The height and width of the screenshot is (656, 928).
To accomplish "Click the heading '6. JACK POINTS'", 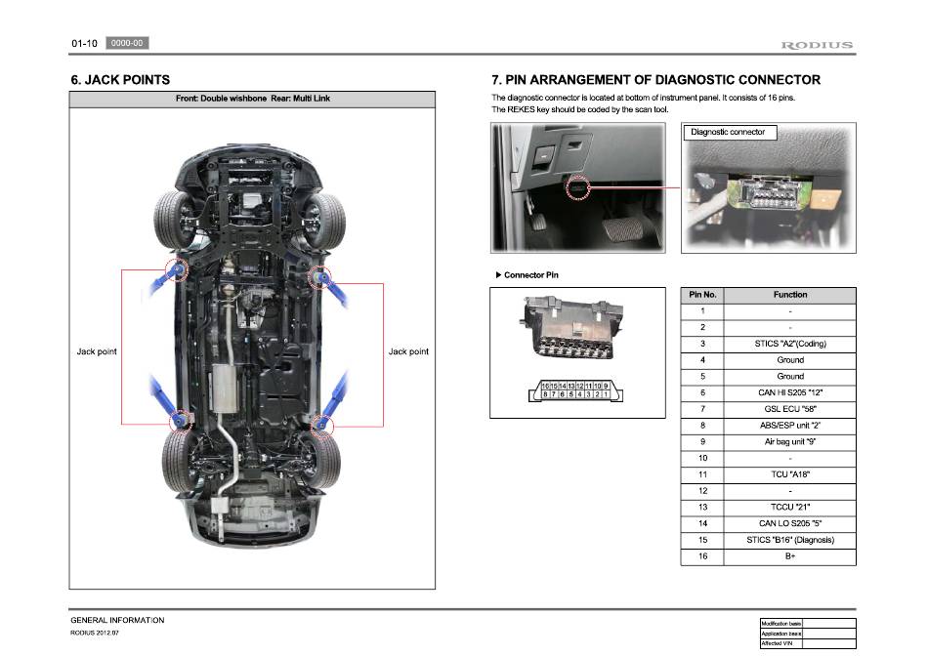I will [x=120, y=80].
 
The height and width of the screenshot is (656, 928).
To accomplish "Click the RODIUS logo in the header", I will [x=817, y=45].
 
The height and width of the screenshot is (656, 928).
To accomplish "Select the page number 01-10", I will [x=83, y=44].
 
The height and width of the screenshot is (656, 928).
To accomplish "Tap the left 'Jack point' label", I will [x=97, y=351].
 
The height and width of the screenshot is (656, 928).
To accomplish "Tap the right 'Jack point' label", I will [x=408, y=351].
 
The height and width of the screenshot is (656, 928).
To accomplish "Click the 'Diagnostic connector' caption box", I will [x=728, y=132].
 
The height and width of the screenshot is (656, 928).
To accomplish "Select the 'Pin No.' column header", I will [x=702, y=295].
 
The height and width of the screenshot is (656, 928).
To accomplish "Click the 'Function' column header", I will [x=790, y=295].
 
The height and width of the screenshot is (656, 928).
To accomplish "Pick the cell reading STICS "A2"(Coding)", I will [x=790, y=344].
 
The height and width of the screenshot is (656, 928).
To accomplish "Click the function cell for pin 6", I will [x=790, y=392].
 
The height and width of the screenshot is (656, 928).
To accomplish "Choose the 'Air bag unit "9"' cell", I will [x=790, y=441].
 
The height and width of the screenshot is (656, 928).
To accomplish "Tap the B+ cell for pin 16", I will [x=790, y=556].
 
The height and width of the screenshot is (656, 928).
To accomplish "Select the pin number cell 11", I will [x=702, y=474].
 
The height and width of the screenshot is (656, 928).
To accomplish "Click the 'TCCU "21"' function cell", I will [x=790, y=508].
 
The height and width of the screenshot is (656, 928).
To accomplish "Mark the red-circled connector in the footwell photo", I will [x=577, y=186].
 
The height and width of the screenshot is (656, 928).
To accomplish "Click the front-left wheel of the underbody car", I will [x=173, y=216].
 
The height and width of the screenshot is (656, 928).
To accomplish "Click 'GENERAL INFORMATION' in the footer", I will [x=117, y=620].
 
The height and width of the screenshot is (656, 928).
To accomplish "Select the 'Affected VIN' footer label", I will [x=780, y=643].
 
